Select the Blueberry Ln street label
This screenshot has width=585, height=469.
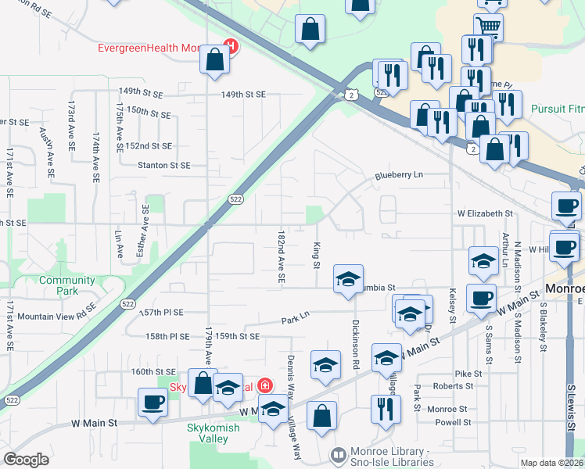pyautogui.click(x=397, y=175)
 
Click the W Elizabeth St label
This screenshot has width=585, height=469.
pyautogui.click(x=485, y=213)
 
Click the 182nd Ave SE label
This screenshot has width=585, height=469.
pyautogui.click(x=281, y=256)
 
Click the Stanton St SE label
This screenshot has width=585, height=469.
pyautogui.click(x=163, y=166)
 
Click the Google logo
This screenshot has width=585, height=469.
pyautogui.click(x=27, y=460)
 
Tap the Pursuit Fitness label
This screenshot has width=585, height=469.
pyautogui.click(x=556, y=109)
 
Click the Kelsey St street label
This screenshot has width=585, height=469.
pyautogui.click(x=452, y=305)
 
